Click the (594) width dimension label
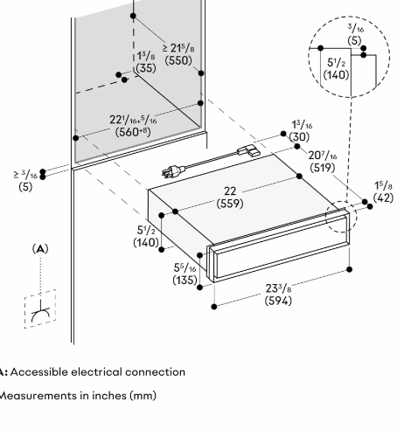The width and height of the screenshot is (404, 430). [278, 301]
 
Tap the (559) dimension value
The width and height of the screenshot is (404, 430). [230, 204]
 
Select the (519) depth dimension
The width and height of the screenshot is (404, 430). [323, 168]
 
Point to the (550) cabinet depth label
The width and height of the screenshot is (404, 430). [178, 60]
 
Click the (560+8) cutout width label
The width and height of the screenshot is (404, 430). [133, 132]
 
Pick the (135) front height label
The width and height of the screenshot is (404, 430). [185, 280]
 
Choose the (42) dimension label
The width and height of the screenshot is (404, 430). [383, 198]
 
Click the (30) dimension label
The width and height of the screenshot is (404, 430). [299, 137]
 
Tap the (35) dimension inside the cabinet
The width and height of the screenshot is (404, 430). [146, 68]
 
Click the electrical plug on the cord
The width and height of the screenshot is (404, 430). [173, 171]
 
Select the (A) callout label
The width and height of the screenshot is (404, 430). [40, 249]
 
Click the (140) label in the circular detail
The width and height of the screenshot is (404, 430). [336, 75]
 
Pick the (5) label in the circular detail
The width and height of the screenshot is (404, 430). [354, 40]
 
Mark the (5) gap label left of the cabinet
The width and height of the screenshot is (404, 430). [25, 187]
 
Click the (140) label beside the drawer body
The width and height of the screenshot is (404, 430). [146, 242]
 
